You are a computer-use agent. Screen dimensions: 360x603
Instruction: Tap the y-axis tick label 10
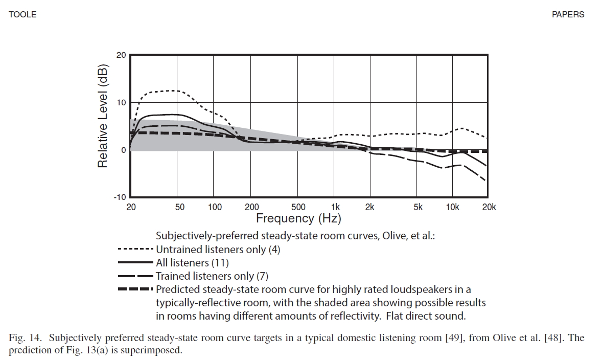pos(122,103)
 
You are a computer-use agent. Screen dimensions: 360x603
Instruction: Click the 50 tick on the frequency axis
pos(179,207)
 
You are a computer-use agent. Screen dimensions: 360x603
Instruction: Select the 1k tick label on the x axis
pos(335,207)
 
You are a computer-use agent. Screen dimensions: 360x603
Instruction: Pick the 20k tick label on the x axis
pos(489,207)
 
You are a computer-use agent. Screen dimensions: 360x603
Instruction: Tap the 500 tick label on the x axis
pos(298,207)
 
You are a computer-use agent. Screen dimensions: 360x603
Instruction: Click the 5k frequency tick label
pos(418,207)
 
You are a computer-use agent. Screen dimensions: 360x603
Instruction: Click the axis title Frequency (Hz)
pos(298,219)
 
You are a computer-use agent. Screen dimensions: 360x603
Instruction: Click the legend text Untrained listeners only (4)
pos(218,250)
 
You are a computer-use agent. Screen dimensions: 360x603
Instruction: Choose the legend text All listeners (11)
pos(192,263)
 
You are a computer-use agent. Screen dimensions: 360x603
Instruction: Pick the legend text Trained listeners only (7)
pos(212,276)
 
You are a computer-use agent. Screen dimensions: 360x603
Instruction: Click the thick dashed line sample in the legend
pos(135,289)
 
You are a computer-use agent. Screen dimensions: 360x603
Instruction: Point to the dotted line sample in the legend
pos(135,250)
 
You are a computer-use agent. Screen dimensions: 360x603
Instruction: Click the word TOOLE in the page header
pos(22,15)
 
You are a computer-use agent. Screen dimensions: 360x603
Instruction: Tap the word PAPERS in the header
pos(568,15)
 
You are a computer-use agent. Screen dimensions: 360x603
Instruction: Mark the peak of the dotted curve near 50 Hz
pos(175,91)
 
